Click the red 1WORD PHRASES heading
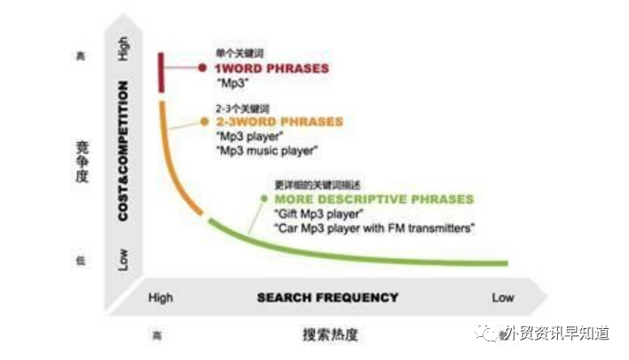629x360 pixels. click(x=272, y=67)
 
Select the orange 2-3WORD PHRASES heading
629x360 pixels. click(x=279, y=121)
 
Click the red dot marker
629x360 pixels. click(x=203, y=67)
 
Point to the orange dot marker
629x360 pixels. click(x=205, y=121)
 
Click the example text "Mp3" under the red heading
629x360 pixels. click(x=232, y=82)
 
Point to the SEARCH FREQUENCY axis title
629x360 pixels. click(x=327, y=297)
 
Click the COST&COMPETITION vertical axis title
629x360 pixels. click(x=124, y=150)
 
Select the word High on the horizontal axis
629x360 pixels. click(x=161, y=297)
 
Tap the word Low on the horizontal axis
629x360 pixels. click(x=502, y=297)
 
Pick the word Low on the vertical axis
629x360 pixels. click(x=123, y=259)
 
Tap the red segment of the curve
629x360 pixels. click(x=161, y=72)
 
